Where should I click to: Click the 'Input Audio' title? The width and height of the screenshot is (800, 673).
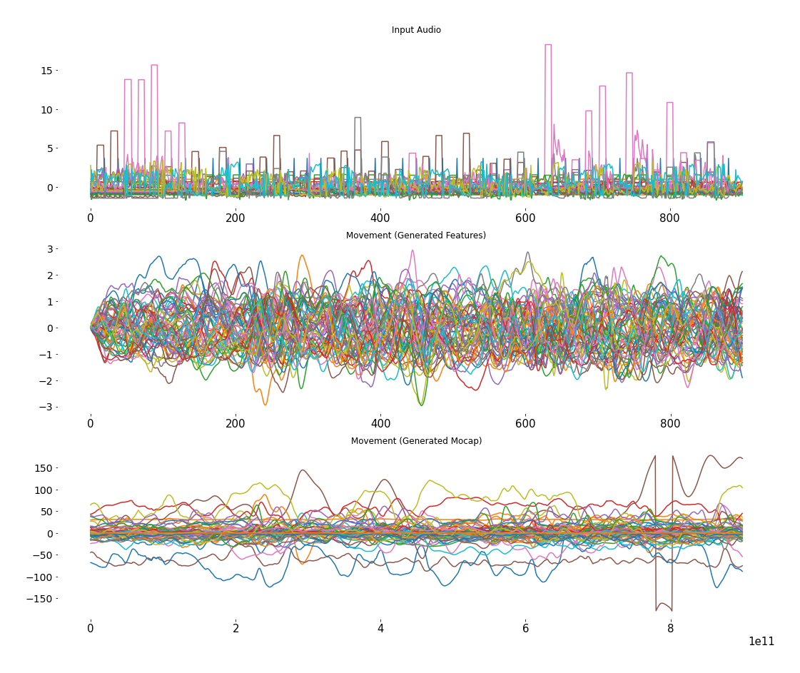click(x=416, y=30)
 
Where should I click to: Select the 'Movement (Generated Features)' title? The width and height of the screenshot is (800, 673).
click(x=416, y=236)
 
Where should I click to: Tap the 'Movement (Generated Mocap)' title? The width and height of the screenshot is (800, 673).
click(x=416, y=441)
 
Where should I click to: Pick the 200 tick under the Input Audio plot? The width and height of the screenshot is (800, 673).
click(x=236, y=218)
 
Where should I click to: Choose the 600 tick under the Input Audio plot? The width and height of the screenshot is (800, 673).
click(x=525, y=218)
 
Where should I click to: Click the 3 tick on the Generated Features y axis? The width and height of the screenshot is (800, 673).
click(x=51, y=249)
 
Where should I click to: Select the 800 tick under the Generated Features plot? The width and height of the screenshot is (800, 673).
click(x=670, y=424)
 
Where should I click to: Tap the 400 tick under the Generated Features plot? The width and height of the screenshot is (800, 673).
click(x=380, y=424)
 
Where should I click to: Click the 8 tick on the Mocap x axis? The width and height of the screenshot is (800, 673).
click(x=670, y=629)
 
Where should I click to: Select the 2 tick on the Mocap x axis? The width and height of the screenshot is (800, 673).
click(x=236, y=629)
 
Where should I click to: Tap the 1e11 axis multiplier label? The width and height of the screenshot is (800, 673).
click(x=761, y=642)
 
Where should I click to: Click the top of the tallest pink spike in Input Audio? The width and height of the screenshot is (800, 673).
click(x=548, y=45)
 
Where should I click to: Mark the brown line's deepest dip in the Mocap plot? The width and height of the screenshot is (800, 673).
click(x=657, y=610)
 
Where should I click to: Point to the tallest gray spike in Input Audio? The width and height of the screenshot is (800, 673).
click(x=358, y=118)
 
